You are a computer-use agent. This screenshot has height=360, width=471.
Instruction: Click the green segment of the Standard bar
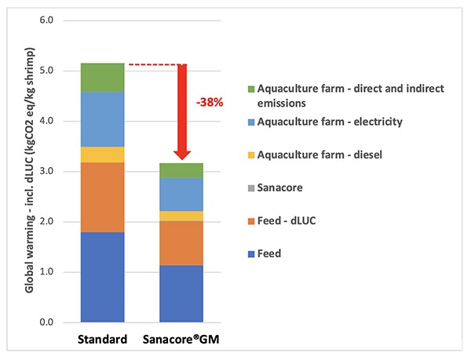103,77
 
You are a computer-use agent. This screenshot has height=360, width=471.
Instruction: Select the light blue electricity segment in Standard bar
103,119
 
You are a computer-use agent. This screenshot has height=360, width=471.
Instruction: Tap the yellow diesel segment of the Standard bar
103,155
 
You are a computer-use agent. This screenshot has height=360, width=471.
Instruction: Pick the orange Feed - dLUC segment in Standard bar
103,197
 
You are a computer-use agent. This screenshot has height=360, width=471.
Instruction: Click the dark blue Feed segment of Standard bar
103,277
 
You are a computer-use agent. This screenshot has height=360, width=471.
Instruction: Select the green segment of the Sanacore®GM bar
181,170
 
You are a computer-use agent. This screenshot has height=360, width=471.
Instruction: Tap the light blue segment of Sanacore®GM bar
181,194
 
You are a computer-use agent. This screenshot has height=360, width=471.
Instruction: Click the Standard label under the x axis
103,341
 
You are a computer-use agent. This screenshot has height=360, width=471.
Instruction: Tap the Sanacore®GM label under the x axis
181,341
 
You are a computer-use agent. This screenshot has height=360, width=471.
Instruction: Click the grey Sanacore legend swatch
252,187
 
